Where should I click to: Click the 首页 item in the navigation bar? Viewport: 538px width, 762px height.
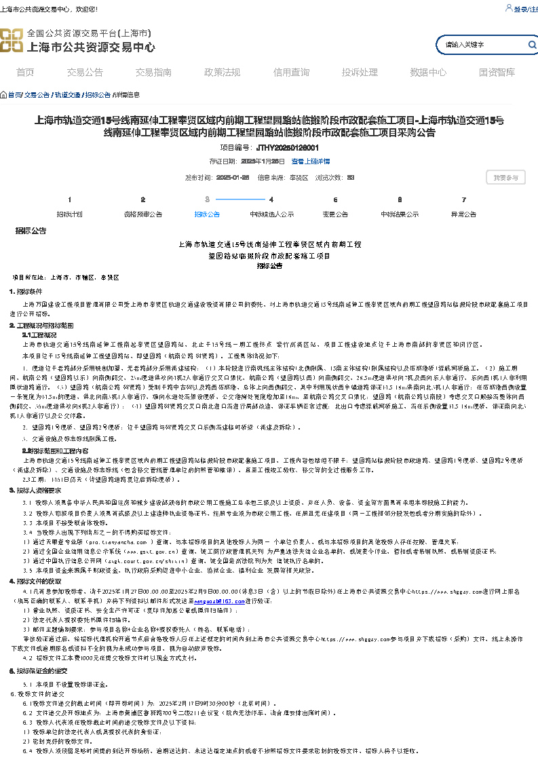click(x=25, y=73)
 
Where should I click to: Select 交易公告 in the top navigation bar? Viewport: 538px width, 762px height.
click(x=85, y=73)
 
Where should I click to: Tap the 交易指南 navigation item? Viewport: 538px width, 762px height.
click(x=153, y=73)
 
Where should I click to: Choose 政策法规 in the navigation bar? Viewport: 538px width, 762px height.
click(x=222, y=73)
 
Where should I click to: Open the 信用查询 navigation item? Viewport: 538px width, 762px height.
click(x=291, y=73)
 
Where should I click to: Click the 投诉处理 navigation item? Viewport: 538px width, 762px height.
click(x=360, y=73)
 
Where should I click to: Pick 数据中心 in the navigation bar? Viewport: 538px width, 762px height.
click(x=428, y=73)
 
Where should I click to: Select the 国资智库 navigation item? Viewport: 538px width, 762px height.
click(x=497, y=73)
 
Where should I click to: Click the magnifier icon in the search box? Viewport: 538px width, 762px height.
click(x=532, y=45)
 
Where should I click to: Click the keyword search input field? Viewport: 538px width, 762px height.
click(x=482, y=45)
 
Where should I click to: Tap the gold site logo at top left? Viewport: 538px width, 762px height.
click(x=12, y=41)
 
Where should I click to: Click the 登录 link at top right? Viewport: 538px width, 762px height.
click(x=520, y=9)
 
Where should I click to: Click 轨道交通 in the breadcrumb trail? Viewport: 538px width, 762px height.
click(x=68, y=95)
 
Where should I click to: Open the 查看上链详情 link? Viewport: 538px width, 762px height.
click(x=311, y=161)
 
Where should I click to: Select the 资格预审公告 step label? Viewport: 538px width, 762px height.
click(x=142, y=214)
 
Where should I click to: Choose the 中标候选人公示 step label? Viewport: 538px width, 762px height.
click(x=271, y=214)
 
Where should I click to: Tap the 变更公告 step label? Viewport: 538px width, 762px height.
click(x=335, y=214)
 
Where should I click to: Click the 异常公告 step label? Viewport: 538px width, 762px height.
click(x=464, y=214)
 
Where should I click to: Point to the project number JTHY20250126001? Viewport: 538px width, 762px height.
click(x=288, y=147)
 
